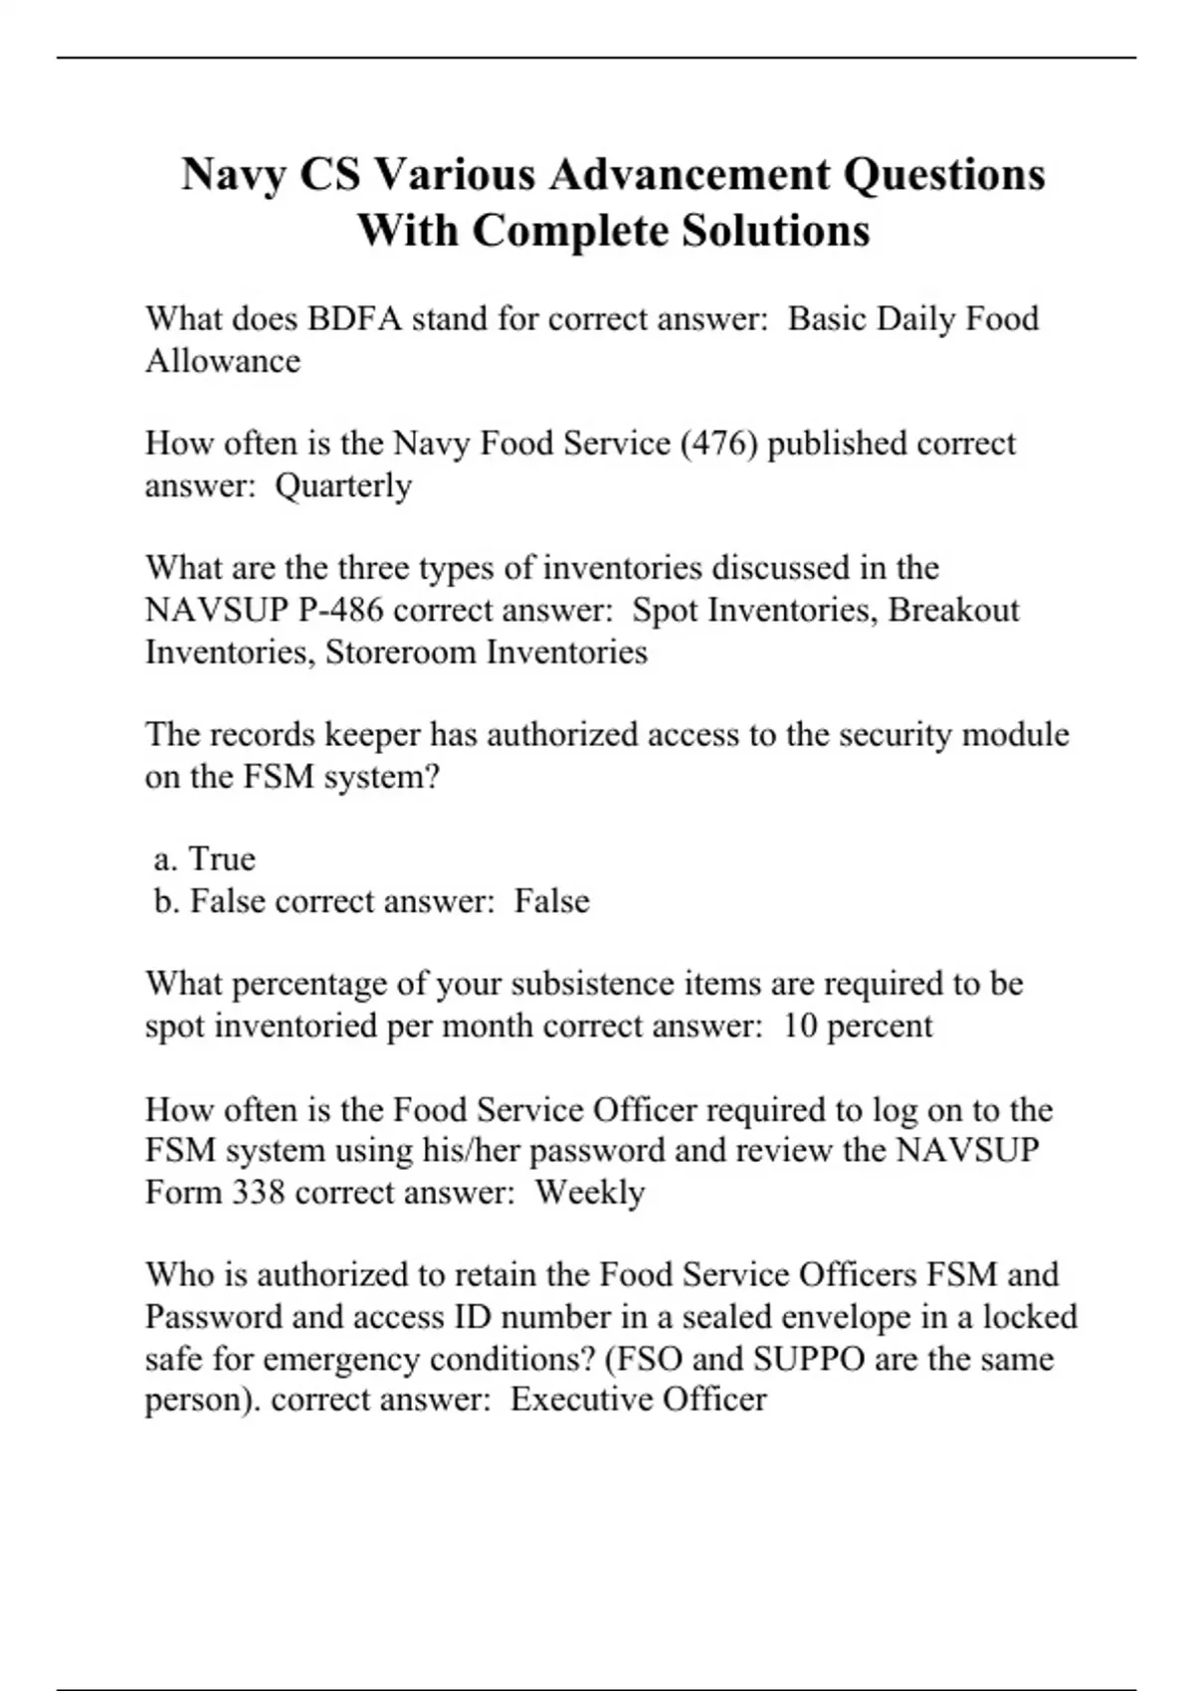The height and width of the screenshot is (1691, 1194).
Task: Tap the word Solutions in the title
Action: click(x=775, y=231)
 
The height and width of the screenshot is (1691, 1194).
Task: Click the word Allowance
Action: click(x=223, y=361)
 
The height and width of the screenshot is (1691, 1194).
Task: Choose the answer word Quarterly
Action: click(x=343, y=485)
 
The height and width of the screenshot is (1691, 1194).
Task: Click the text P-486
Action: click(x=340, y=609)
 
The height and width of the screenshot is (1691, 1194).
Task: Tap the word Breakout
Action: click(x=953, y=609)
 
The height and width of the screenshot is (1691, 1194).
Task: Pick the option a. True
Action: click(x=206, y=858)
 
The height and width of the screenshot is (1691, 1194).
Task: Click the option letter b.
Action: click(x=166, y=901)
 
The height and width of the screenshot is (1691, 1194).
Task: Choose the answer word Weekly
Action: click(x=590, y=1193)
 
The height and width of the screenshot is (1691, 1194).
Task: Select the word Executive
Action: click(x=581, y=1400)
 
